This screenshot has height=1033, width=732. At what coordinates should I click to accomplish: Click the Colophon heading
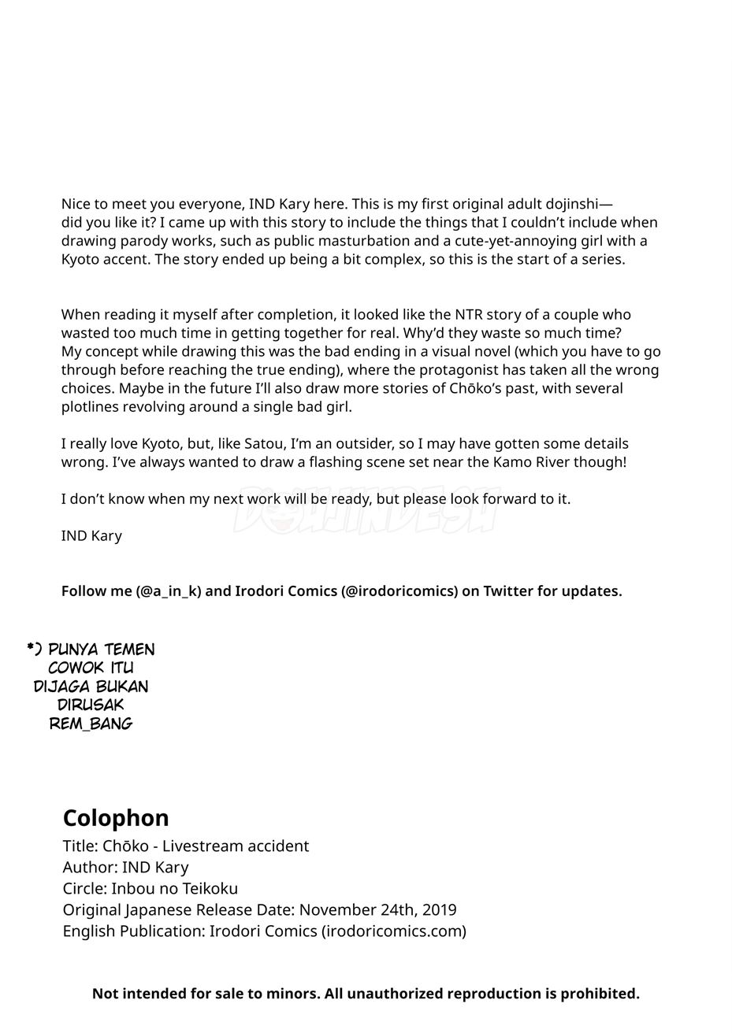click(x=116, y=818)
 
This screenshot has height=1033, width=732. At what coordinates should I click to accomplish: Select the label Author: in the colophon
click(x=90, y=868)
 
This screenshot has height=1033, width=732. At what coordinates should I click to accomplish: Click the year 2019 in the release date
click(x=439, y=910)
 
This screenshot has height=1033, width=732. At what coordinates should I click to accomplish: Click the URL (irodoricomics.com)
click(x=394, y=931)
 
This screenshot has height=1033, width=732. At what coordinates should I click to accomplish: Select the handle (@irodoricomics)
click(x=399, y=591)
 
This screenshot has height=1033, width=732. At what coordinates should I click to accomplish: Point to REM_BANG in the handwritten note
click(x=91, y=724)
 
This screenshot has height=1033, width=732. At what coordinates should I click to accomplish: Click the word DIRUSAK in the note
click(x=91, y=705)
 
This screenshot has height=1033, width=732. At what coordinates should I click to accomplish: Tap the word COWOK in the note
click(x=75, y=668)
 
